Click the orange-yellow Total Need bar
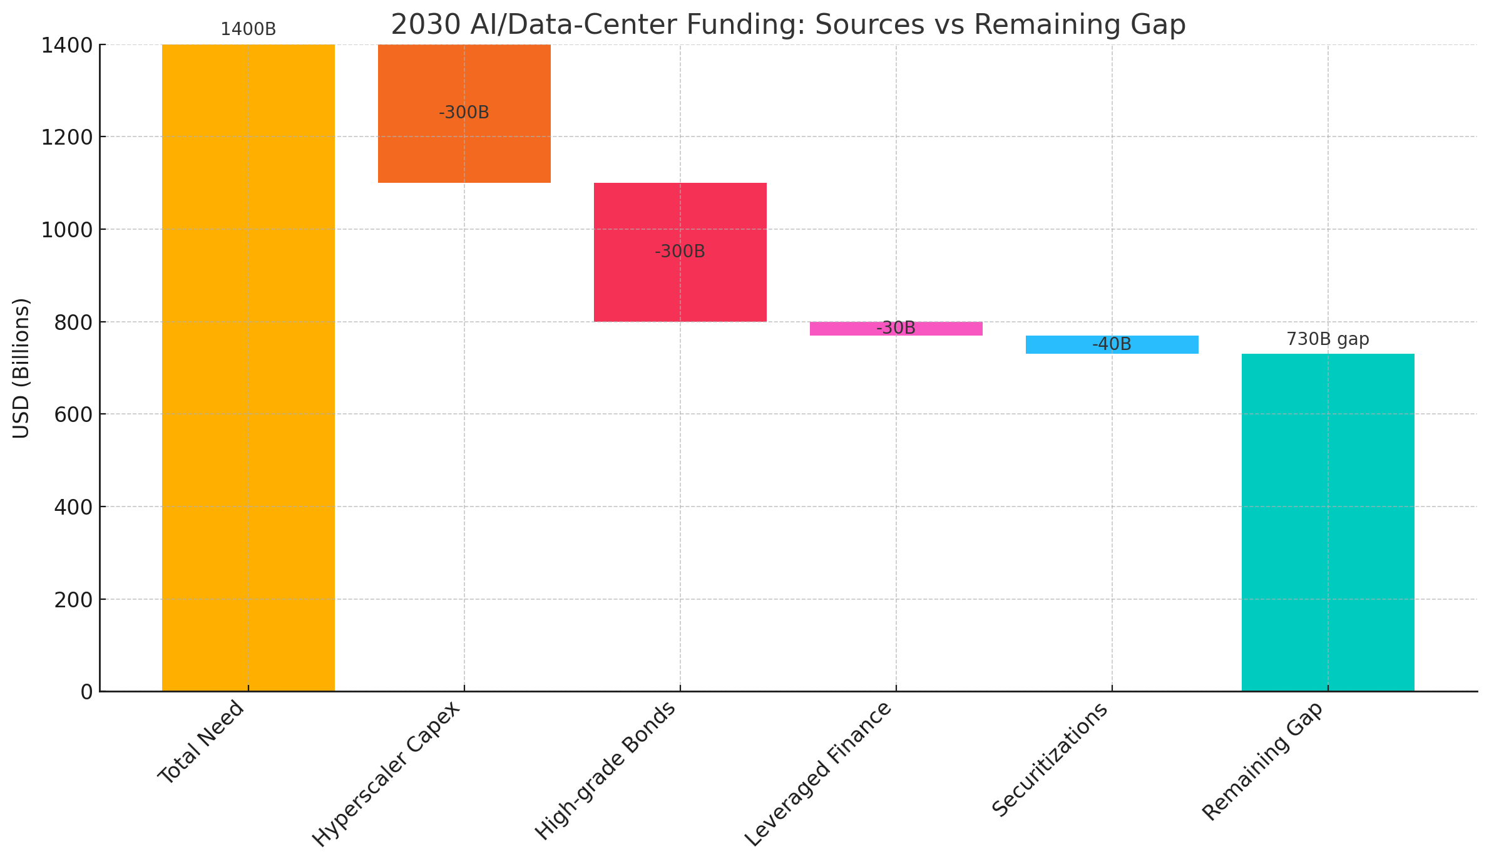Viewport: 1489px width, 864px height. pyautogui.click(x=248, y=376)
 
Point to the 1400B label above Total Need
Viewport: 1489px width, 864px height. pyautogui.click(x=248, y=29)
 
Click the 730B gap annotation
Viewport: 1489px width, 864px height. pyautogui.click(x=1328, y=339)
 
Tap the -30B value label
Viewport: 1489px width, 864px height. pyautogui.click(x=896, y=328)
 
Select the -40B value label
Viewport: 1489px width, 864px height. pyautogui.click(x=1112, y=344)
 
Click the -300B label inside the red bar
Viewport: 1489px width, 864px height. pyautogui.click(x=680, y=252)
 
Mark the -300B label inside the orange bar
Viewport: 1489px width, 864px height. pyautogui.click(x=464, y=113)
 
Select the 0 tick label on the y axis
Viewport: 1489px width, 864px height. pyautogui.click(x=86, y=692)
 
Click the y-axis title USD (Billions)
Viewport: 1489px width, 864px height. pyautogui.click(x=21, y=368)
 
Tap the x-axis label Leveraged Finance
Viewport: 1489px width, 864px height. pyautogui.click(x=817, y=774)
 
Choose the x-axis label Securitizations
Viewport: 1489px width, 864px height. pyautogui.click(x=1050, y=759)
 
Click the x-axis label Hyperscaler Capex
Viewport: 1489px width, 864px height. pyautogui.click(x=386, y=774)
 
